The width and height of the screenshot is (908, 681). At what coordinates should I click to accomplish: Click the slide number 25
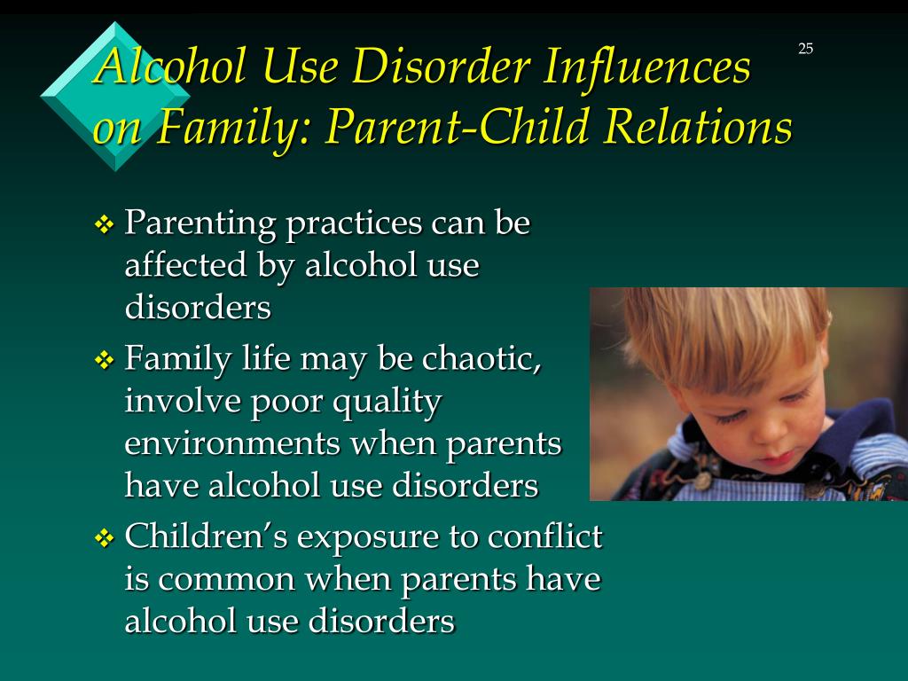click(805, 49)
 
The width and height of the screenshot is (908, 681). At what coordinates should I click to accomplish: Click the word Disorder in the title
click(441, 66)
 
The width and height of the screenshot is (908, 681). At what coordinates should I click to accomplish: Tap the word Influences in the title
click(646, 66)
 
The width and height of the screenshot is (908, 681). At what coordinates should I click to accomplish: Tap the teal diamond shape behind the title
click(115, 96)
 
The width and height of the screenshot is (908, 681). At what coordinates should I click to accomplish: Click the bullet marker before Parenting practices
click(105, 224)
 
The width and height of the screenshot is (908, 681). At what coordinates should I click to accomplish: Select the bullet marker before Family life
click(105, 360)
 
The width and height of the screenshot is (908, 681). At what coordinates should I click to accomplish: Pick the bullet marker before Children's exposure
click(105, 538)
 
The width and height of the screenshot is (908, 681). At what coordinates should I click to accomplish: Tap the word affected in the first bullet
click(186, 265)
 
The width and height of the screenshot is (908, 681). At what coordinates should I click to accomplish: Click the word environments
click(232, 443)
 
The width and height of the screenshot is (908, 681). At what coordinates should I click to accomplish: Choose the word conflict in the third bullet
click(545, 536)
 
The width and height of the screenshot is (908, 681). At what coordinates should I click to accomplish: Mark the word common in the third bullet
click(226, 580)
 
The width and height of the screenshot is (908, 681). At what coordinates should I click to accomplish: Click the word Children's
click(207, 536)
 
